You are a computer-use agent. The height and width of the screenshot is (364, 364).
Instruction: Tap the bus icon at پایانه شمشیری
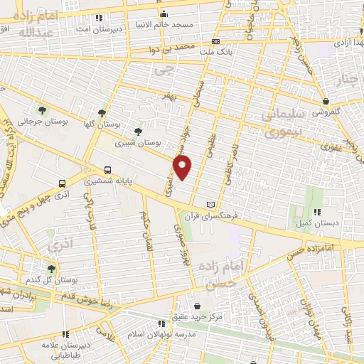107,170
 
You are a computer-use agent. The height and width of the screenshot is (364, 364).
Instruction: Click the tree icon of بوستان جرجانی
43,110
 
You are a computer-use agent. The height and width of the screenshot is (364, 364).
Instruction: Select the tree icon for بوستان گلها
103,112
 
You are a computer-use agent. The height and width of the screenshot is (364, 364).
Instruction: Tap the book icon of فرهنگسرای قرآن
210,204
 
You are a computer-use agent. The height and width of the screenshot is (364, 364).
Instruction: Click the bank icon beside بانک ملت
215,42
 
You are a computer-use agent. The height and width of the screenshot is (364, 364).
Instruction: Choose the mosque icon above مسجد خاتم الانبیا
164,14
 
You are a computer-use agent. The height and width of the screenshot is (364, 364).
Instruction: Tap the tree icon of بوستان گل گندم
50,268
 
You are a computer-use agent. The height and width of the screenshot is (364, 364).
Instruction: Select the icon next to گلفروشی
326,101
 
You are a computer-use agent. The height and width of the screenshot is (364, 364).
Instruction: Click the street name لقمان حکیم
146,225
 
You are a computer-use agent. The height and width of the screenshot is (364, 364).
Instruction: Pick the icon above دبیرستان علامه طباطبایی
65,333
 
